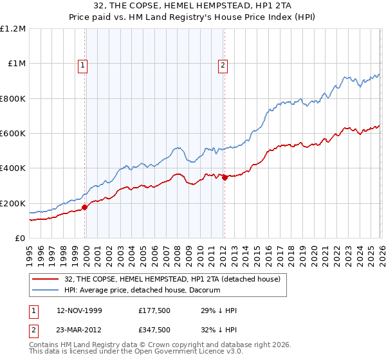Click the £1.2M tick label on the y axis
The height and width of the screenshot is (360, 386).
14,29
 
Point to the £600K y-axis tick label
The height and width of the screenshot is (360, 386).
13,134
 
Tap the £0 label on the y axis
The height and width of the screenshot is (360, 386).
21,239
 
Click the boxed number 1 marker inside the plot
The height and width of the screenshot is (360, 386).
84,64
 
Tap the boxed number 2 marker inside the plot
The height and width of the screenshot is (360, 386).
223,64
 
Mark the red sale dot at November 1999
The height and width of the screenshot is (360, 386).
84,208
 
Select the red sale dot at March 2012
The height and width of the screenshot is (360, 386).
225,178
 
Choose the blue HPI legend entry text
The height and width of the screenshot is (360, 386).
142,291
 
